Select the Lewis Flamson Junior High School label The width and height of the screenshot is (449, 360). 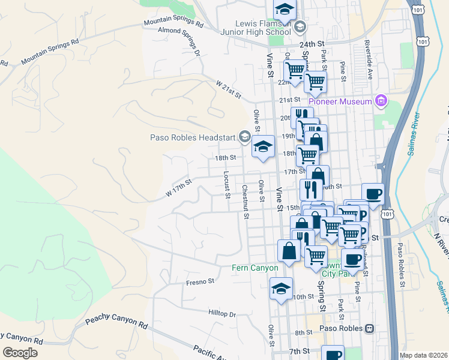tap(263, 27)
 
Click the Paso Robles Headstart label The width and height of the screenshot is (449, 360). tap(193, 137)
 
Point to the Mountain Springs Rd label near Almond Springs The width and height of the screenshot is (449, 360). tap(173, 22)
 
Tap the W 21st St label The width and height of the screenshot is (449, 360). tap(229, 91)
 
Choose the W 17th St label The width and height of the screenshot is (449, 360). tap(179, 187)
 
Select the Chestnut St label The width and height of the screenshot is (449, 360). tap(245, 202)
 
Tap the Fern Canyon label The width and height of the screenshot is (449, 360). tap(255, 268)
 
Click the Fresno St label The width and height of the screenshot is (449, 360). tap(200, 281)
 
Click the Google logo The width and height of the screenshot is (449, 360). tap(20, 352)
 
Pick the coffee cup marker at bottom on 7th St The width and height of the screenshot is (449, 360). tap(332, 354)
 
